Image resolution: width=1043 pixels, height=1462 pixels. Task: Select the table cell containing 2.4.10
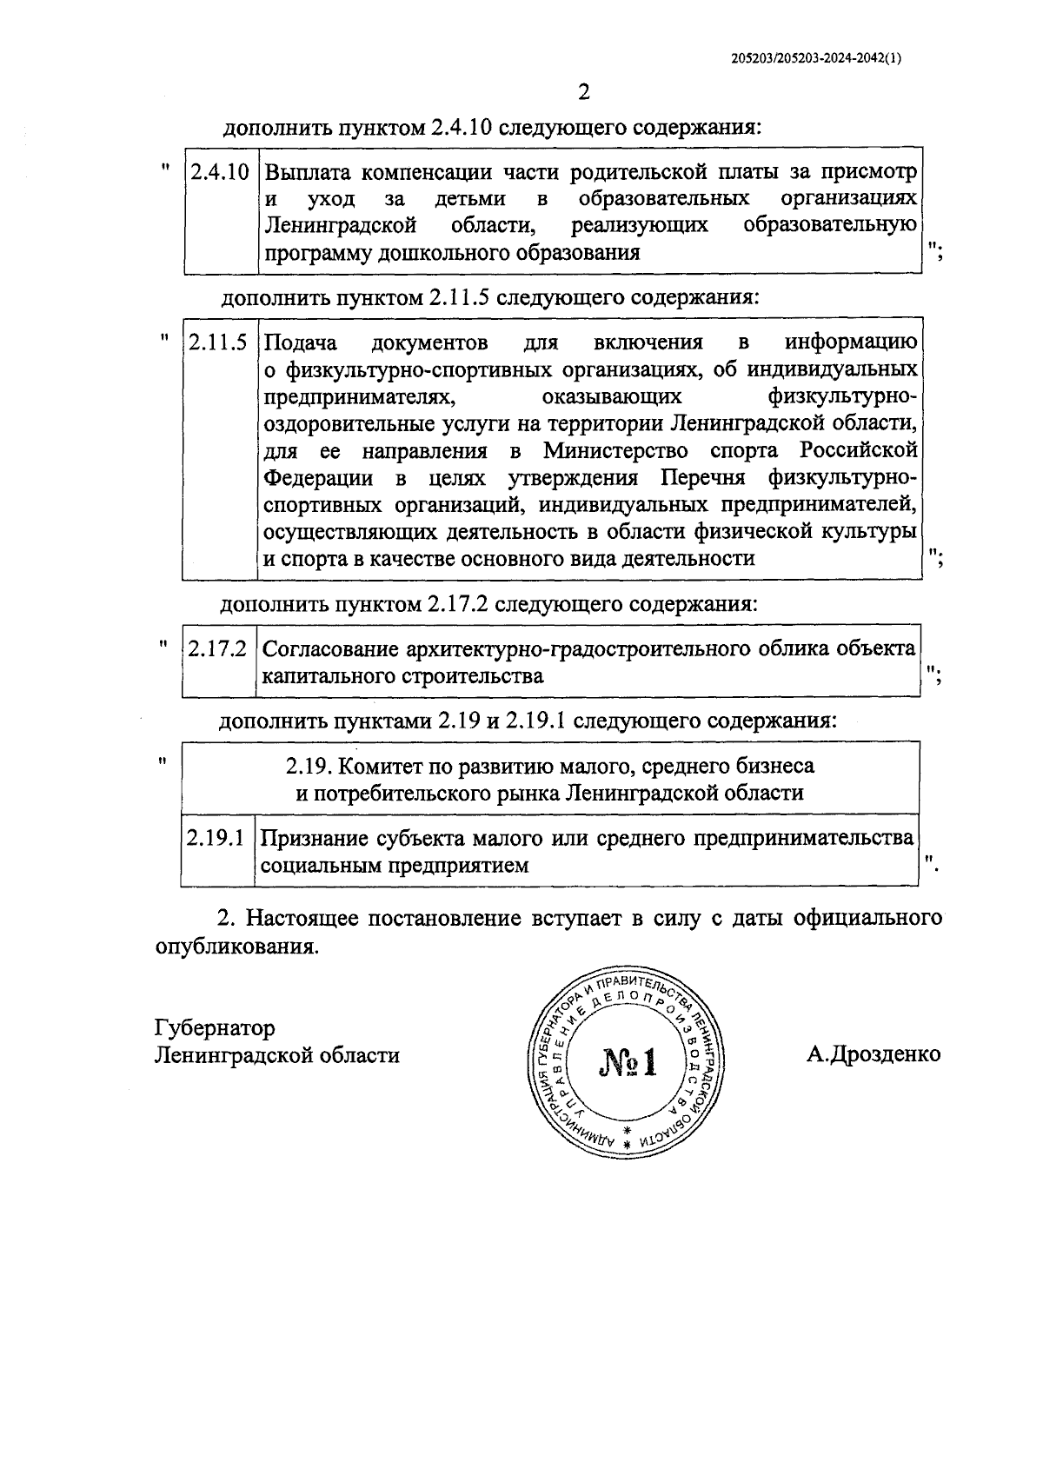220,171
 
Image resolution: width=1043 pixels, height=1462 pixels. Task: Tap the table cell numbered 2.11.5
219,342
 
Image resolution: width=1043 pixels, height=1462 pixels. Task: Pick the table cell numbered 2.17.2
218,648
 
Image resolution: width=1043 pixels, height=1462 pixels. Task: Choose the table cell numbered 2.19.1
217,838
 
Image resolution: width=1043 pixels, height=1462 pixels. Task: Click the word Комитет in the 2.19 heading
374,766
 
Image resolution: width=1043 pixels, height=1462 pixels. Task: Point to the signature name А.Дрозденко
874,1054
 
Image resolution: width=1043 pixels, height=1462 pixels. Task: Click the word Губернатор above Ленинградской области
215,1027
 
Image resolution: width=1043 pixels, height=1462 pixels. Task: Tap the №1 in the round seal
628,1062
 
